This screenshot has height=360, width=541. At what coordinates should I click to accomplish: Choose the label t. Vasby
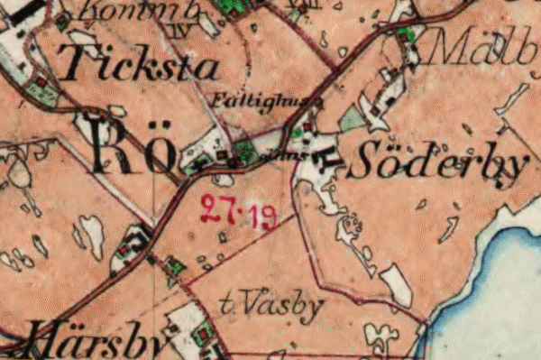tap(271, 307)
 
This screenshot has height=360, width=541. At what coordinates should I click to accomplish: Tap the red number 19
tap(263, 217)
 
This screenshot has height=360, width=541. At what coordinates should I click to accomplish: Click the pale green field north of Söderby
tap(353, 118)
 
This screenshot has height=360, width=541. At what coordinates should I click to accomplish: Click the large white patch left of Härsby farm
tap(91, 232)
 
